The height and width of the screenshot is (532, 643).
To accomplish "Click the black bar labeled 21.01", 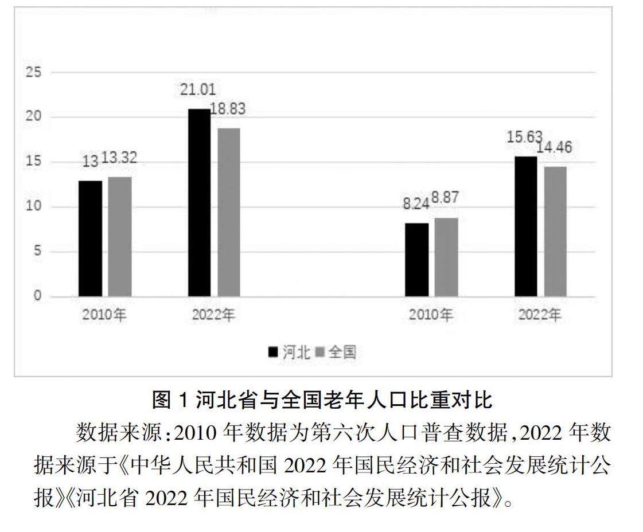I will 199,202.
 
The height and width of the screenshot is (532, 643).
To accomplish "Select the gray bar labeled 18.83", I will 228,212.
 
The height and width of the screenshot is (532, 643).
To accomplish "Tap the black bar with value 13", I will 90,238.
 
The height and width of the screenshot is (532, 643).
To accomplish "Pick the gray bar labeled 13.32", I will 119,236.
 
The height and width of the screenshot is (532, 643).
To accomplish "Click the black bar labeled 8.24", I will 416,260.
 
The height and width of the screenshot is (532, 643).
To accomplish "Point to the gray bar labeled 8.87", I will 446,257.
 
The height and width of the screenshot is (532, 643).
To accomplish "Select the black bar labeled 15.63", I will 525,226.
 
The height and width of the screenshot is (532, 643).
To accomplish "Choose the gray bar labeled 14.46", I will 555,232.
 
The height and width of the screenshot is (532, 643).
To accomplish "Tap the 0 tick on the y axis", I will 38,296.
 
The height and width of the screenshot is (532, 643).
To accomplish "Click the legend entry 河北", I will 290,352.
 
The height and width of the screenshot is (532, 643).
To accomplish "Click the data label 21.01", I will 197,89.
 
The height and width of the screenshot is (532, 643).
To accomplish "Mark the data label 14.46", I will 554,147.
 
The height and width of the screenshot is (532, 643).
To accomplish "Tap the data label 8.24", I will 416,204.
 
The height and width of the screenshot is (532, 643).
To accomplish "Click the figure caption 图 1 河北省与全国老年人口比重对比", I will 322,400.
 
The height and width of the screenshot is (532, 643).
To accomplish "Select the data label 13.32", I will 119,158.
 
